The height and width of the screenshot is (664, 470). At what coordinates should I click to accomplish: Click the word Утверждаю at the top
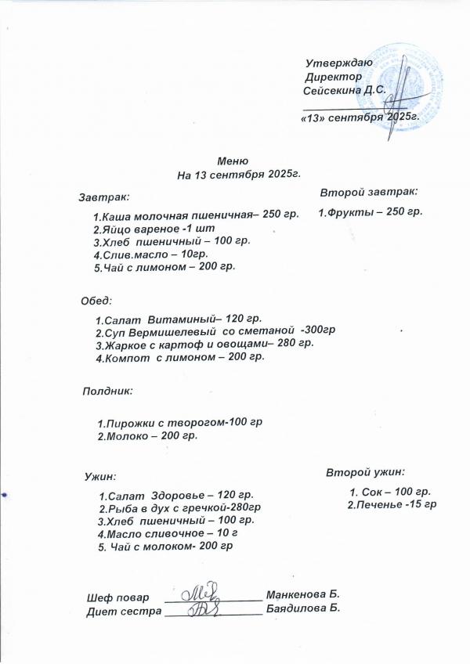[338, 62]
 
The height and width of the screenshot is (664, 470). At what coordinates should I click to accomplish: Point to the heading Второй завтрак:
[369, 190]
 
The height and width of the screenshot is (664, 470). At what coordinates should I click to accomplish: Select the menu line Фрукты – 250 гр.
[371, 212]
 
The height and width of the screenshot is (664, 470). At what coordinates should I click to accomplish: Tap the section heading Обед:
[97, 301]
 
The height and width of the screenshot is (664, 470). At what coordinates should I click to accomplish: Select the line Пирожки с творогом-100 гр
[179, 422]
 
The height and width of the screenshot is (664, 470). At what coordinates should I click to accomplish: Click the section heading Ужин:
[100, 475]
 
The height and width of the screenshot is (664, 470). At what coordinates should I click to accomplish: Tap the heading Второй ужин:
[365, 472]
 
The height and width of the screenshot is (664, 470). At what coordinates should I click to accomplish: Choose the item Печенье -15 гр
[392, 503]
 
